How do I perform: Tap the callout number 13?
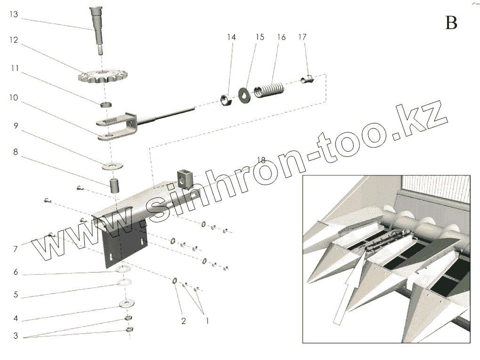point(14,15)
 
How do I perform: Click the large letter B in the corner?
point(451,23)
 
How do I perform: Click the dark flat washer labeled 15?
point(244,95)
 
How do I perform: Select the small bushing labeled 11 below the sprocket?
point(106,105)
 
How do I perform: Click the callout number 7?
point(15,249)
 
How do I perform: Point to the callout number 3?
point(16,336)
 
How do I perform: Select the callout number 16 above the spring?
point(281,37)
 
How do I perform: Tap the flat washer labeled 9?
point(113,166)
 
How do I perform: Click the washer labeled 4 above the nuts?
point(127,303)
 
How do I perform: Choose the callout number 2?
point(183,321)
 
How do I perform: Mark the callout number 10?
point(14,98)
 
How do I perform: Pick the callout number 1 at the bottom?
point(207,321)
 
